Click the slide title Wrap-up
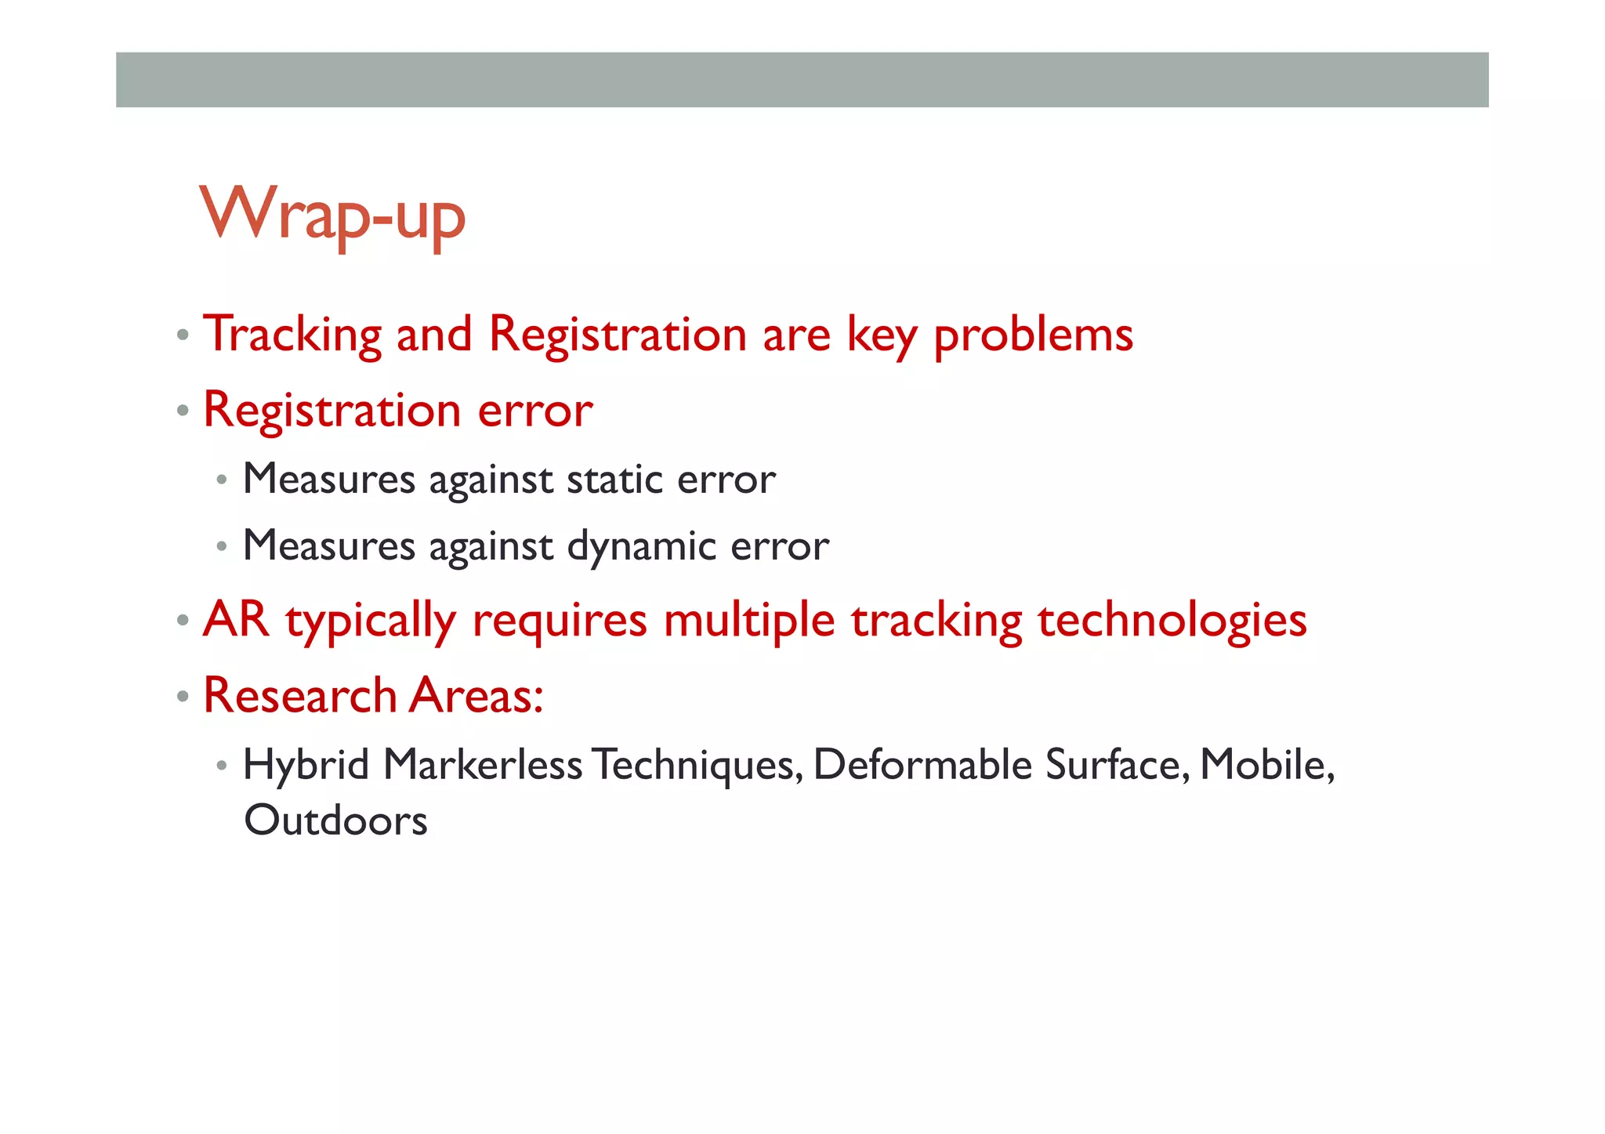[x=332, y=215]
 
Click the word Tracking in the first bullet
[x=292, y=335]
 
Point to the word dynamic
[x=642, y=547]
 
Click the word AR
[x=236, y=620]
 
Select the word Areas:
[x=476, y=696]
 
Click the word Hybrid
[x=306, y=766]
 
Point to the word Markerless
[x=483, y=765]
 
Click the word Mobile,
[x=1266, y=765]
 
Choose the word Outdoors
[x=335, y=821]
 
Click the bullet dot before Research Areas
[x=183, y=697]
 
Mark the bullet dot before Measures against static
[x=223, y=479]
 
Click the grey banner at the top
[x=802, y=80]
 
